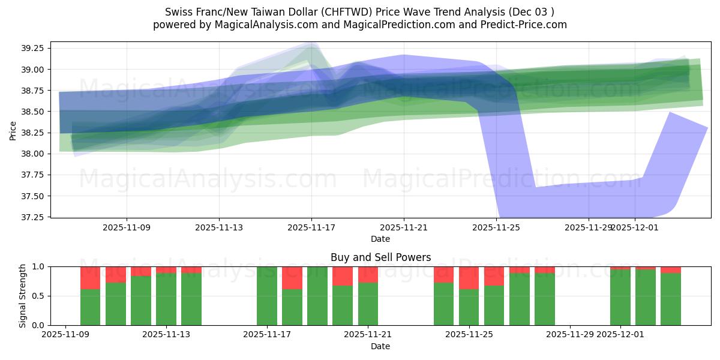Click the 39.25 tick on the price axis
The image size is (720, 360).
(x=35, y=48)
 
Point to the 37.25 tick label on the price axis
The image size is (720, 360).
(x=35, y=217)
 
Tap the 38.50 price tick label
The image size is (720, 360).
(x=35, y=112)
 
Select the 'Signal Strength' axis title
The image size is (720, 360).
(x=23, y=295)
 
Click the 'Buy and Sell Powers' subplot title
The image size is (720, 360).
(x=380, y=257)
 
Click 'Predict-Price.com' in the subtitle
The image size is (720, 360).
(x=525, y=25)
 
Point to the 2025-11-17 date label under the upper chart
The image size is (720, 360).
(x=311, y=227)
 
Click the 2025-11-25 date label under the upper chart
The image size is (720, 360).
(x=496, y=227)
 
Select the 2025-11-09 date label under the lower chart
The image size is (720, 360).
(x=64, y=335)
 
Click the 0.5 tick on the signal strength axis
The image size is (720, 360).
(x=39, y=296)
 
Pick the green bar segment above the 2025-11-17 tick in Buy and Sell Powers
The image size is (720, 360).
(x=267, y=296)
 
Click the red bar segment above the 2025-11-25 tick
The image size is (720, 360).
(x=469, y=277)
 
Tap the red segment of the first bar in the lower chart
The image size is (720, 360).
(x=90, y=278)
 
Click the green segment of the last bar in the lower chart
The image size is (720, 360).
(x=671, y=299)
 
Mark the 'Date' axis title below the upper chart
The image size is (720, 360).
(x=380, y=239)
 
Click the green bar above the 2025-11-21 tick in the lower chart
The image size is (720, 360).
(x=368, y=304)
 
